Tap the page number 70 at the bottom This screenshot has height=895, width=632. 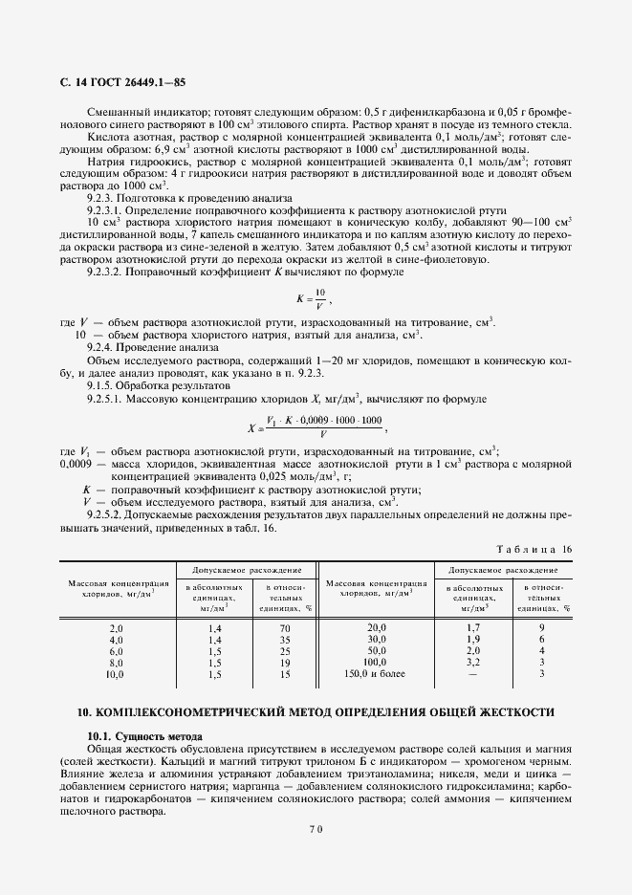(315, 829)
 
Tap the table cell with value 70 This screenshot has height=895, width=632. (284, 627)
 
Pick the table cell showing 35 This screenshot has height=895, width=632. (284, 639)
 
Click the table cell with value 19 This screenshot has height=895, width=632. (284, 662)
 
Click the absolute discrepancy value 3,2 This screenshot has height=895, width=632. (472, 662)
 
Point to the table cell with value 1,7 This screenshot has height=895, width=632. (472, 627)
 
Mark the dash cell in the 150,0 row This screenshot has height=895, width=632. (472, 673)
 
